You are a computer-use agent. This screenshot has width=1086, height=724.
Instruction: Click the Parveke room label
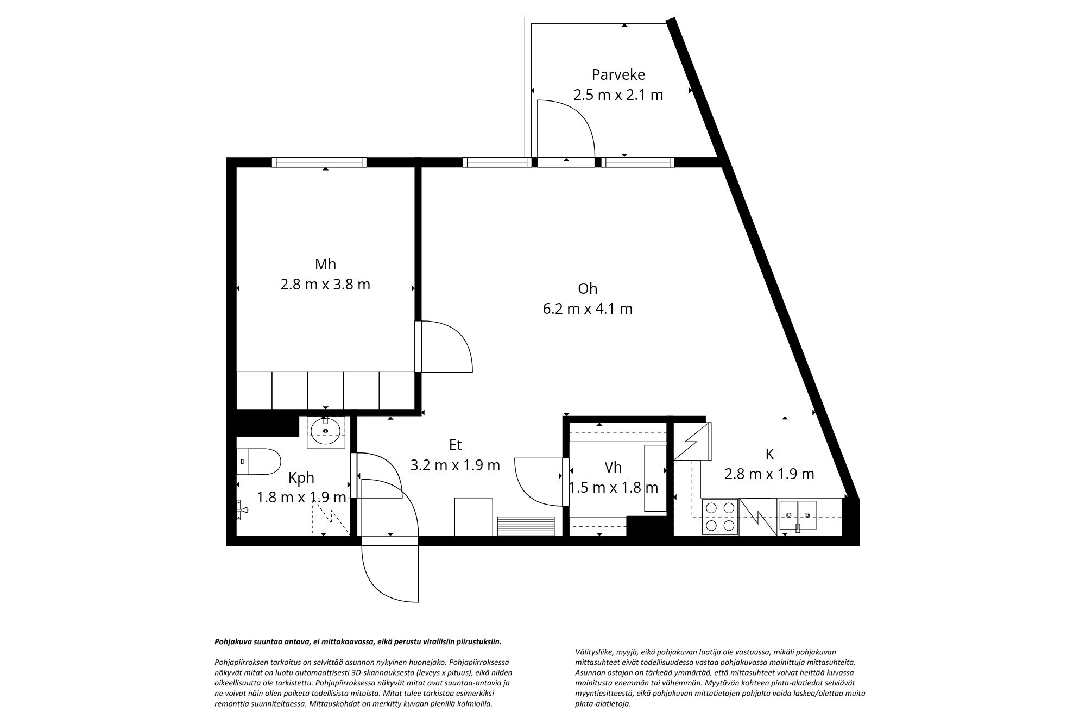pyautogui.click(x=618, y=74)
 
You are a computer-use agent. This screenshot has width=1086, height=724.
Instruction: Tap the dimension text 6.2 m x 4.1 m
pyautogui.click(x=588, y=309)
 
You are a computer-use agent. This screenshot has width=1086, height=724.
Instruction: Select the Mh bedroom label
pyautogui.click(x=325, y=264)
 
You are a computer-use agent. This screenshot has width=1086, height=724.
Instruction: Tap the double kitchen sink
pyautogui.click(x=798, y=515)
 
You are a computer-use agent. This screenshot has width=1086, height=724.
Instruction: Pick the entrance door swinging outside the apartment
pyautogui.click(x=390, y=573)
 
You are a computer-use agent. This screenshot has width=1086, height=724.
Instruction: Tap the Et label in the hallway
pyautogui.click(x=455, y=445)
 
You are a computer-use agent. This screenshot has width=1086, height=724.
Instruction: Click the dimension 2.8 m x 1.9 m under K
pyautogui.click(x=769, y=474)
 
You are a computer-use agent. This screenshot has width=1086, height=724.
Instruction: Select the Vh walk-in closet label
pyautogui.click(x=613, y=467)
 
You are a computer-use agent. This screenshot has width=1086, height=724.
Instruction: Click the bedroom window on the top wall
pyautogui.click(x=319, y=162)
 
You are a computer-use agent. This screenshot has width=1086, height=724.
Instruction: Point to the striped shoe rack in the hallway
pyautogui.click(x=526, y=526)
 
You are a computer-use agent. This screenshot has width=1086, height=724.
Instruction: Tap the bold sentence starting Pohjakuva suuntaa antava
pyautogui.click(x=358, y=641)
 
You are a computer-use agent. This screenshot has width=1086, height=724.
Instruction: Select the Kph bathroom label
pyautogui.click(x=301, y=478)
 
